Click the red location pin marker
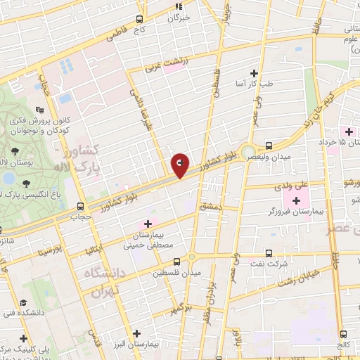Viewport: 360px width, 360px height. coord(180,165)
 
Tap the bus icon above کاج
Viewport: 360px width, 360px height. coord(139,20)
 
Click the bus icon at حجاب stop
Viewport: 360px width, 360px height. coord(80,207)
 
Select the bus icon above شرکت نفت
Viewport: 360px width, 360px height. coord(269,253)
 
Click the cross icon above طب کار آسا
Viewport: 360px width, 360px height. coord(254,73)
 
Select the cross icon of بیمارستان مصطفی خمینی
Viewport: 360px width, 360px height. coord(147,223)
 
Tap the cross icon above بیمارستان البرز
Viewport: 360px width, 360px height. coord(158,335)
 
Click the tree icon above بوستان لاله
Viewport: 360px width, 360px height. coord(15,152)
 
